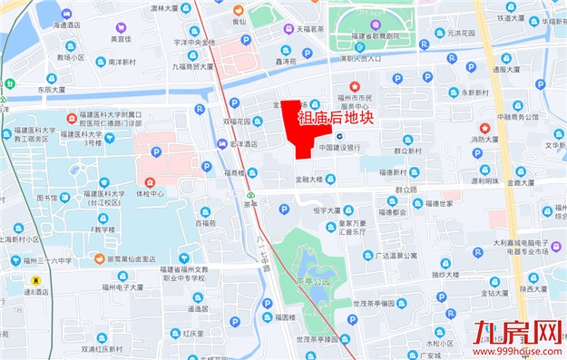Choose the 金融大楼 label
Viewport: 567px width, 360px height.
pyautogui.click(x=309, y=180)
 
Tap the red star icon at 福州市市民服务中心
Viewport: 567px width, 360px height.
pyautogui.click(x=354, y=84)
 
